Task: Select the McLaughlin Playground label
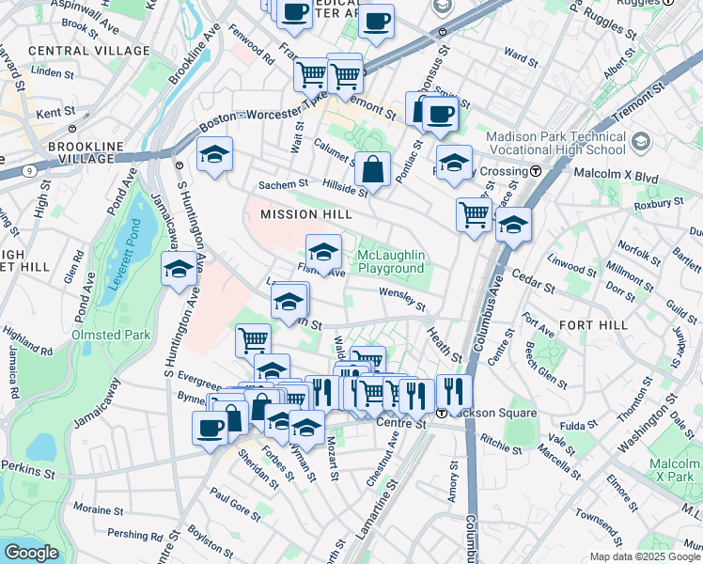tap(391, 262)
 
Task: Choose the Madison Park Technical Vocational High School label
tap(555, 143)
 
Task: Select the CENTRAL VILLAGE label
tap(88, 50)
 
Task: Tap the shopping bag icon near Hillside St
tap(373, 170)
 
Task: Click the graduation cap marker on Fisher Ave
tap(323, 253)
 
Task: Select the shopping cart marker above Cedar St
tap(474, 213)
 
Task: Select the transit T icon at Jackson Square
tap(441, 413)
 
